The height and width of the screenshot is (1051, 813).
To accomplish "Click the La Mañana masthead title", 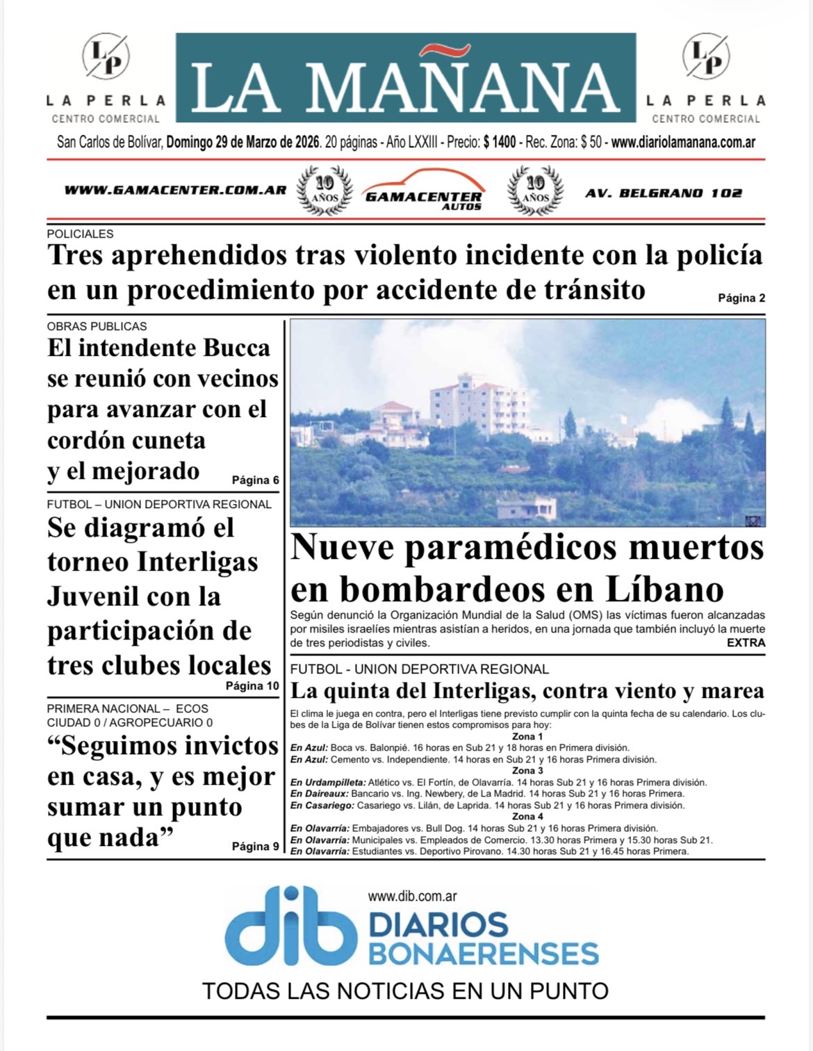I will [405, 86].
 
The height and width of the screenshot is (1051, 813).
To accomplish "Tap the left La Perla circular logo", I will [106, 56].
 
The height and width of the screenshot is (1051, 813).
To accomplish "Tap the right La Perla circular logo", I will [705, 56].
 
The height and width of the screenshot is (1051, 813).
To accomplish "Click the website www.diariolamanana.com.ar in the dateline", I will [683, 142].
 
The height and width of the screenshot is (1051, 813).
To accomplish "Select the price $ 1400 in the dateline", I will [500, 142].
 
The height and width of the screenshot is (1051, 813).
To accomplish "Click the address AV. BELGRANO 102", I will [664, 193].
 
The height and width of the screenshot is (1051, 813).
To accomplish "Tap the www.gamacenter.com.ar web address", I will [175, 190].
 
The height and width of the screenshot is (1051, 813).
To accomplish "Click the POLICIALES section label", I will [80, 234].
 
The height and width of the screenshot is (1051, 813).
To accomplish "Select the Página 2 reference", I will [741, 298].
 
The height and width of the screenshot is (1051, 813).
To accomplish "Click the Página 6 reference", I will [255, 480].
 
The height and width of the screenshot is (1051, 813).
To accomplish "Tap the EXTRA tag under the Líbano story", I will [746, 643].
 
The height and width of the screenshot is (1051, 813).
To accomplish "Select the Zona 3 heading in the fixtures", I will [527, 771].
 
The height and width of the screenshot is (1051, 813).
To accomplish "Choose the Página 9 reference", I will [255, 847].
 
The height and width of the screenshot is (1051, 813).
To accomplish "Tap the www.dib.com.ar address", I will [412, 897].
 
